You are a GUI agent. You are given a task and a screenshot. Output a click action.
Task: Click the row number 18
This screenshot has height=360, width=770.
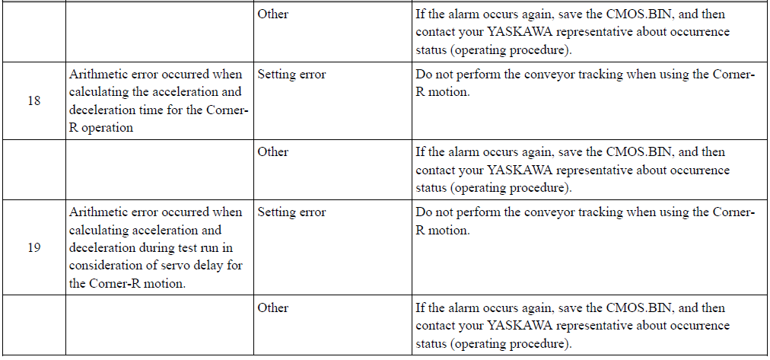[34, 100]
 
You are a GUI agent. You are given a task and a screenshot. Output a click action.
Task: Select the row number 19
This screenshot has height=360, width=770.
[34, 247]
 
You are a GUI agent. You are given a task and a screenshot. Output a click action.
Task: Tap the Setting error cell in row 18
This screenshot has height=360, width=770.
[291, 75]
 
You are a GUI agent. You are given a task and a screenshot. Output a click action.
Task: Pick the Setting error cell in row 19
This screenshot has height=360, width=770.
[291, 212]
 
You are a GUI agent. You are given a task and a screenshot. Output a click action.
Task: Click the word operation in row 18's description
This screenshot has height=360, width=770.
[107, 128]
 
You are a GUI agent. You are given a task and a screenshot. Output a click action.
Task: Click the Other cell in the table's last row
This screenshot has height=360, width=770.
[273, 308]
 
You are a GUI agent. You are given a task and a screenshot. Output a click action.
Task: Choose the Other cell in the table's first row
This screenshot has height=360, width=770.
[273, 14]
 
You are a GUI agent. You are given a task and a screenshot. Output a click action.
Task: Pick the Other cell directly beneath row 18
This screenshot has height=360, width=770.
[273, 151]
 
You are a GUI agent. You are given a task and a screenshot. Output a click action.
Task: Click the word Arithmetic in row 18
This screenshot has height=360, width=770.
[99, 75]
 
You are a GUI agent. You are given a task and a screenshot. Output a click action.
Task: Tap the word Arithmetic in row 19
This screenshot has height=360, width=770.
[99, 212]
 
